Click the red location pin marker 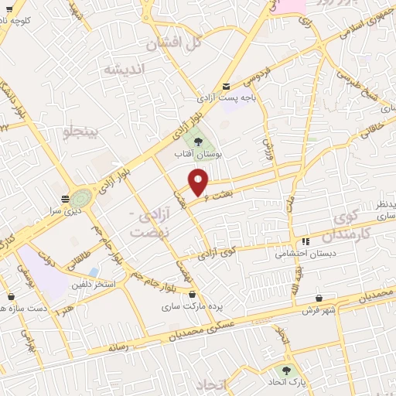[x=200, y=182]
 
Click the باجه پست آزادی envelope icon [x=226, y=87]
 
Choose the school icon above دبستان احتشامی [x=306, y=241]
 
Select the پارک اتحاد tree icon [x=289, y=370]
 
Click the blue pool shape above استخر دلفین [x=94, y=272]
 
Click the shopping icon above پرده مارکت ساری [x=193, y=295]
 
